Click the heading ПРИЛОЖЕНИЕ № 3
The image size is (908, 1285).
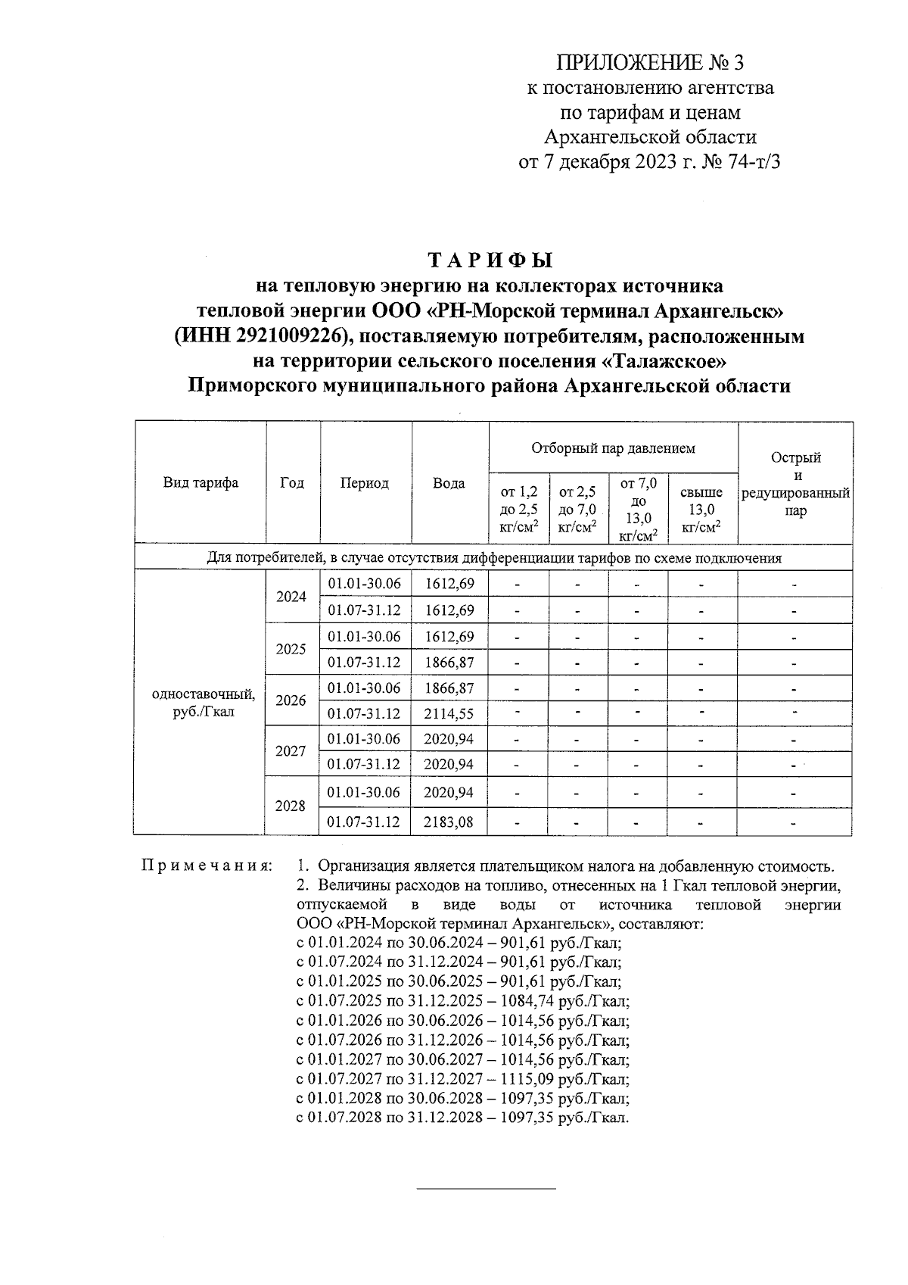(650, 62)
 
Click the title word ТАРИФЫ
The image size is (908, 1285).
(492, 260)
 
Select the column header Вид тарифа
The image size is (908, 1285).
(201, 483)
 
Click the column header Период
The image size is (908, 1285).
(364, 483)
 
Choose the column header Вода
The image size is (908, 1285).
(449, 483)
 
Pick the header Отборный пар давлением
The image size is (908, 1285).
(613, 448)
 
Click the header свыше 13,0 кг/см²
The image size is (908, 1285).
(701, 510)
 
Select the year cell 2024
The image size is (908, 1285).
(291, 597)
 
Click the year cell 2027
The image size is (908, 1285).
(291, 751)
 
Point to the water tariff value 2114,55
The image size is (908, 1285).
(449, 713)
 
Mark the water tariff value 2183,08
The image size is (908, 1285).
(449, 822)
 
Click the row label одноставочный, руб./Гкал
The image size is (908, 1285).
(203, 703)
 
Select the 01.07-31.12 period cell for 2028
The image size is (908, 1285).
(364, 822)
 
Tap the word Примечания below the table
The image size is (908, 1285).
(207, 866)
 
